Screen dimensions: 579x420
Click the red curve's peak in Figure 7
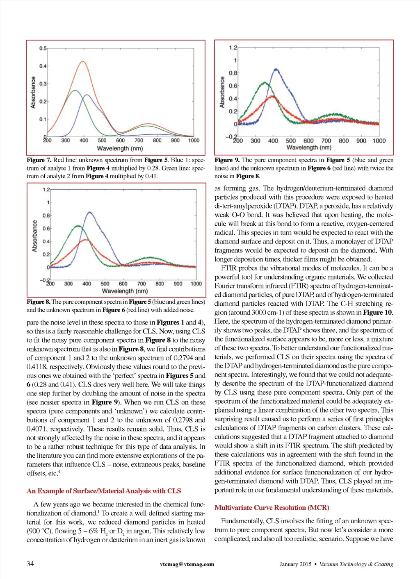pos(83,61)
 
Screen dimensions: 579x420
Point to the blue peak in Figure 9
pos(276,70)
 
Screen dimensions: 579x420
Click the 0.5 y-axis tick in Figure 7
pos(43,48)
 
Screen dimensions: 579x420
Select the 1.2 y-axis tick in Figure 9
pos(233,48)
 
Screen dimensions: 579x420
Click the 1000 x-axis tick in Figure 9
pos(379,141)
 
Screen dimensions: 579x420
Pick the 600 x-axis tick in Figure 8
pos(123,284)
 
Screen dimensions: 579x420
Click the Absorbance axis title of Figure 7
pos(33,93)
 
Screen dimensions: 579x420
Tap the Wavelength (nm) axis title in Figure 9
pos(308,148)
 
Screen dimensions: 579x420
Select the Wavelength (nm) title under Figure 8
pos(124,291)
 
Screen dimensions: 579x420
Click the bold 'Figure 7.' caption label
pos(39,160)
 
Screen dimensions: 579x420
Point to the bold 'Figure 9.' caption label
pos(227,160)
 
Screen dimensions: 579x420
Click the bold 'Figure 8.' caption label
pos(39,302)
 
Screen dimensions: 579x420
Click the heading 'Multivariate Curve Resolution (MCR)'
pos(272,508)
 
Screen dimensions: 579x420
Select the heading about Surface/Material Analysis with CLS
pos(104,491)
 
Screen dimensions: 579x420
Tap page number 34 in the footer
pos(30,563)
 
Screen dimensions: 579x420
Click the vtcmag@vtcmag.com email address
pos(187,564)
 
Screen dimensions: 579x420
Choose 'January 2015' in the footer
pos(295,564)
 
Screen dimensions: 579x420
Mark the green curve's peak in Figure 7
pos(75,91)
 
